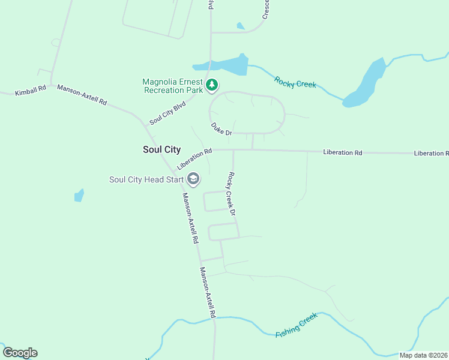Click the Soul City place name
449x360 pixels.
[x=162, y=149]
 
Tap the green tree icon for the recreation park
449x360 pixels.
[x=211, y=86]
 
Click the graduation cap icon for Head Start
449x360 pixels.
[x=193, y=179]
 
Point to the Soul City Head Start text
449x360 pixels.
[x=147, y=179]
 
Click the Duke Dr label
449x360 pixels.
[x=221, y=128]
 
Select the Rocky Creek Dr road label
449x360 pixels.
[x=231, y=194]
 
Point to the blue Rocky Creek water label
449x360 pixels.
[x=295, y=82]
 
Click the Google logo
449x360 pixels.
[x=20, y=353]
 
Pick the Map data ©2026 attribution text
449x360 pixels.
[x=423, y=355]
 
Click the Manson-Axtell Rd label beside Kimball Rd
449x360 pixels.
[x=82, y=95]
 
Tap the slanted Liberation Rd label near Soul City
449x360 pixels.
[x=195, y=159]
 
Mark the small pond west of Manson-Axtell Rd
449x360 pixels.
[x=79, y=196]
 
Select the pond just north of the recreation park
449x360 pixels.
[x=225, y=65]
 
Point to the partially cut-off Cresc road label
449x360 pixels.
[x=266, y=8]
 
